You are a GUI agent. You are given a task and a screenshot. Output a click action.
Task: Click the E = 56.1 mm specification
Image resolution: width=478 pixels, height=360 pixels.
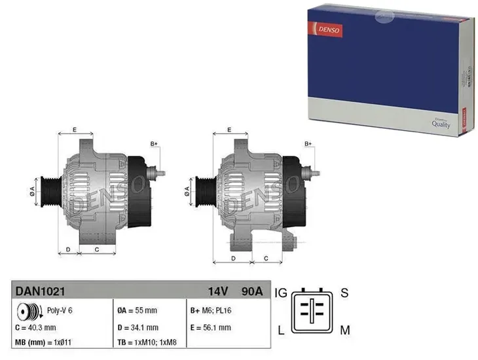click(211, 327)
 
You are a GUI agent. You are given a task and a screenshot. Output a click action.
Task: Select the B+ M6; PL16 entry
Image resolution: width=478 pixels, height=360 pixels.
click(211, 310)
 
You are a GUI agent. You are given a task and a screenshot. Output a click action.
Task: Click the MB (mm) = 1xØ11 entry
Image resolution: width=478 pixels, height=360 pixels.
click(43, 342)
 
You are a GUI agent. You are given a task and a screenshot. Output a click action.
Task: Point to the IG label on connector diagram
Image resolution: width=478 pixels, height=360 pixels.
click(281, 291)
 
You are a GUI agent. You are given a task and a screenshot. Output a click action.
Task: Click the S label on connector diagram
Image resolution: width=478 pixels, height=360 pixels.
click(344, 291)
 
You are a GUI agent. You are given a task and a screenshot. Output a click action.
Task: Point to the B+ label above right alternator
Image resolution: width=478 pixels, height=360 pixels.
click(308, 143)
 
